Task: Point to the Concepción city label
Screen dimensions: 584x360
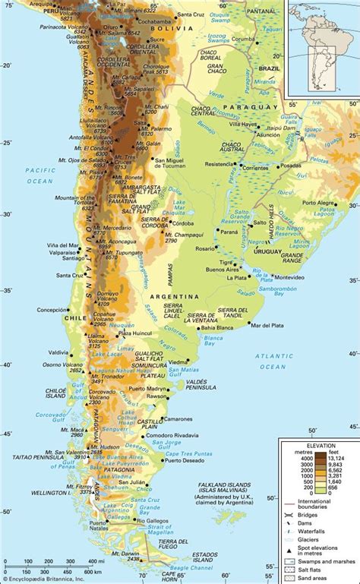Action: click(52, 310)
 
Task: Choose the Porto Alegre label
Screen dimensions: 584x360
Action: click(319, 204)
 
